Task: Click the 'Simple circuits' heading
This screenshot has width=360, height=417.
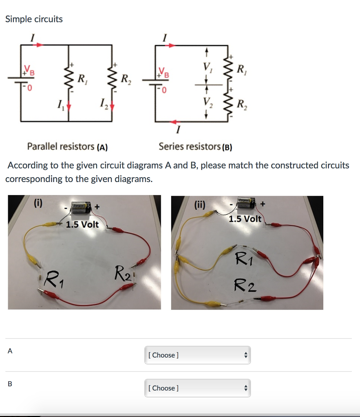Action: click(x=34, y=19)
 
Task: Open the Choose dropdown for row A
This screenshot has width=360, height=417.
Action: click(x=197, y=355)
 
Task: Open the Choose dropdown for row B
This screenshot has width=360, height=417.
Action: click(x=197, y=388)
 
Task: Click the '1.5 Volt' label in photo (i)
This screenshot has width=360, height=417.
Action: click(x=82, y=224)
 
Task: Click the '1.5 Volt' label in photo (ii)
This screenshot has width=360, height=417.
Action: click(x=245, y=219)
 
